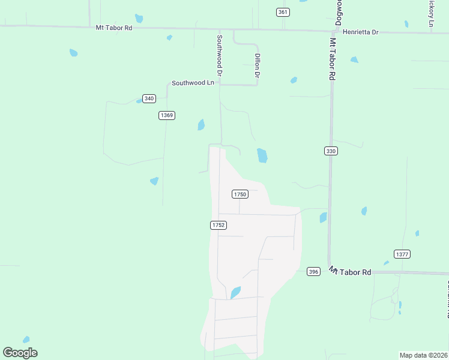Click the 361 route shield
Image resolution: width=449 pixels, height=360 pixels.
283,12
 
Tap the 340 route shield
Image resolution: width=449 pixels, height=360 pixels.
149,98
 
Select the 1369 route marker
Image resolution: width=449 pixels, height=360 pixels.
167,115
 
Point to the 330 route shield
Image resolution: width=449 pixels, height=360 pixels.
331,151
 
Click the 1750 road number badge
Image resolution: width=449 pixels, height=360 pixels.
240,194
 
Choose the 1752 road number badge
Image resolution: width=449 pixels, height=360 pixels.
218,225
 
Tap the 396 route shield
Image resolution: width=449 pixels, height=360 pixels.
313,271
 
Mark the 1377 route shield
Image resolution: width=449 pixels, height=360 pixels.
402,254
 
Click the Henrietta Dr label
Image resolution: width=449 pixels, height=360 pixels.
360,32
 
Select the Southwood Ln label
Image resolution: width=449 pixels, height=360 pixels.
193,83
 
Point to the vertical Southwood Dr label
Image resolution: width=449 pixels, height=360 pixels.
220,55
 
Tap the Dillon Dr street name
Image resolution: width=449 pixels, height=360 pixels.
257,66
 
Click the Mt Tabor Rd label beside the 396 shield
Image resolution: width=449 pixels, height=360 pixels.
350,272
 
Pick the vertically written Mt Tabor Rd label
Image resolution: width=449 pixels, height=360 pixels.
332,59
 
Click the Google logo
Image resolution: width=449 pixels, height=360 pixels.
20,353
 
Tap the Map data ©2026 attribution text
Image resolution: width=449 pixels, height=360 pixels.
423,355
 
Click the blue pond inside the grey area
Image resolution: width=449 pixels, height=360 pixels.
235,292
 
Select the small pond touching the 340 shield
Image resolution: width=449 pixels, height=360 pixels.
139,101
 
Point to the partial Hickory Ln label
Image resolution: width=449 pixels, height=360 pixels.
430,12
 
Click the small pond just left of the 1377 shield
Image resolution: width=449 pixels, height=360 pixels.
386,263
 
